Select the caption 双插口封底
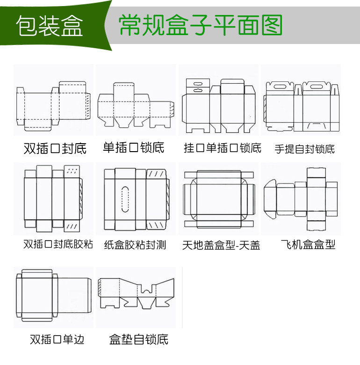coord(55,149)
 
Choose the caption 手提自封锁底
coord(304,149)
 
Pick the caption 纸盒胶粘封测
coord(135,245)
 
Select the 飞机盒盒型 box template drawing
coord(301,198)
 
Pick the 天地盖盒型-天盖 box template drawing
coord(219,198)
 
